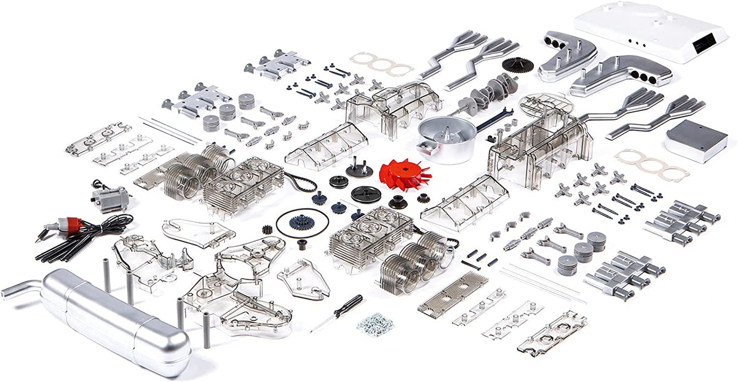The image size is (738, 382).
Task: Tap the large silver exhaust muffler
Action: tap(114, 319)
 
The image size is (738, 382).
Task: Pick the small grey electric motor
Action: tap(111, 198)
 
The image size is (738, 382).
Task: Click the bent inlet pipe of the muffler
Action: tap(22, 288)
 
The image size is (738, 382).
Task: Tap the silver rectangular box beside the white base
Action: tap(695, 139)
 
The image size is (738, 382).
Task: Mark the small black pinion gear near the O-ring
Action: tap(268, 229)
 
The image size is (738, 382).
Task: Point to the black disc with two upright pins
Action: tap(359, 169)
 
